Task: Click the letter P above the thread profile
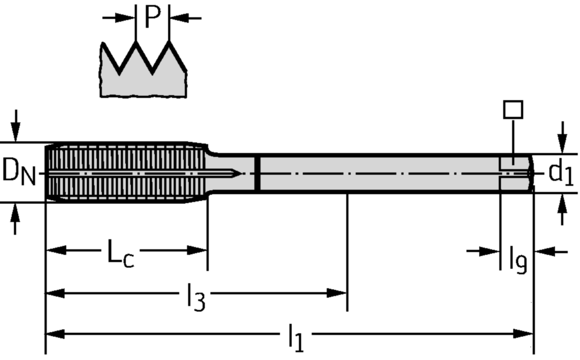pos(153,17)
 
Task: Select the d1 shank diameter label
pos(561,172)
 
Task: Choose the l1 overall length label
pos(296,338)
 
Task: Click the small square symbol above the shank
pos(513,109)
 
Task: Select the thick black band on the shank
pos(258,173)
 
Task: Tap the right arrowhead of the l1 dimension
pos(523,334)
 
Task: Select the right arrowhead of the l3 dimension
pos(337,293)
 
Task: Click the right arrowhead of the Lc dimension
pos(197,250)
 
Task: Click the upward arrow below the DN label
pos(15,219)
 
